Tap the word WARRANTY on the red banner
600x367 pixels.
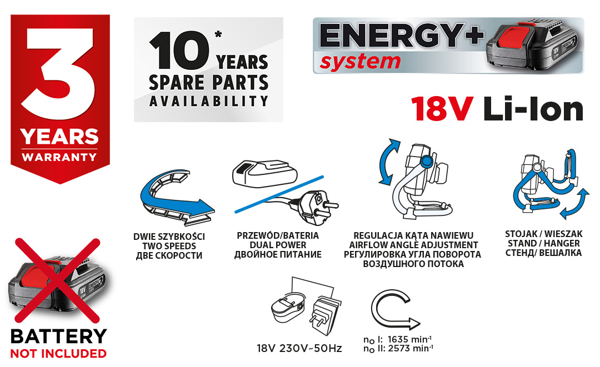pos(59,157)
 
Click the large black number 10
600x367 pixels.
pos(179,51)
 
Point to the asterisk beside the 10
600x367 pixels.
pos(218,34)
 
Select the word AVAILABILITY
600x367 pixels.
pos(208,101)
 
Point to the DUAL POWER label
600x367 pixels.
pos(278,245)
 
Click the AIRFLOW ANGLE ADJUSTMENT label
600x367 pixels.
pos(414,245)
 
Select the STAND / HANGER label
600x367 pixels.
pos(544,244)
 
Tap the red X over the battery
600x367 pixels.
pos(57,280)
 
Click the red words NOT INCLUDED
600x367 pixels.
pos(58,354)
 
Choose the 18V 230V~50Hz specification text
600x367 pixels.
pos(299,349)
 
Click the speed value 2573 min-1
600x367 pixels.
pos(410,348)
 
